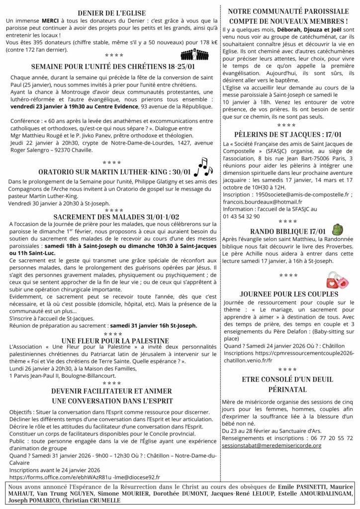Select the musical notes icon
coord(202,168)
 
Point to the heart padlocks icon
coord(337,280)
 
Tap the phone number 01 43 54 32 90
coord(242,216)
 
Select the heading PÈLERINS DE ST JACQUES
coord(286,134)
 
